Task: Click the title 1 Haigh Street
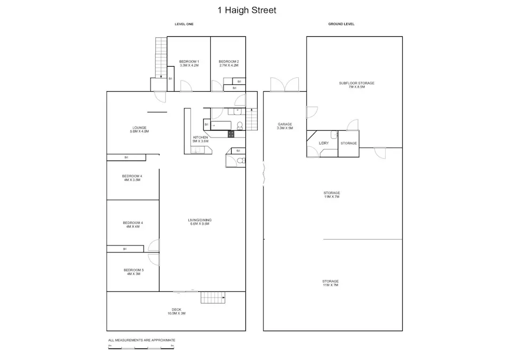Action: pos(247,10)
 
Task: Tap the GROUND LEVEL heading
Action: pos(341,24)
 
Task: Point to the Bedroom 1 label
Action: pos(189,63)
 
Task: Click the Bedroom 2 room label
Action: pos(228,63)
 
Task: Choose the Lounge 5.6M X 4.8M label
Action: pos(139,130)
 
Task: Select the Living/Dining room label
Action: pos(199,222)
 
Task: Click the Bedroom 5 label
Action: pos(133,272)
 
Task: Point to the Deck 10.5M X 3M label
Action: pos(176,311)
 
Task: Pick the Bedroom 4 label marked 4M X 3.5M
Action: pos(132,178)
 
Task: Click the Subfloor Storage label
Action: pos(357,85)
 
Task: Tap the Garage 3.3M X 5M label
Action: pos(284,126)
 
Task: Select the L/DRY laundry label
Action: pos(323,143)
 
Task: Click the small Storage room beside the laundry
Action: pos(348,144)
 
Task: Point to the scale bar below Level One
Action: pos(141,348)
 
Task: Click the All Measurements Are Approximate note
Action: pos(141,340)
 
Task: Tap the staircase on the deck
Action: pos(213,298)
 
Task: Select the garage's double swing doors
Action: pos(284,84)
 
